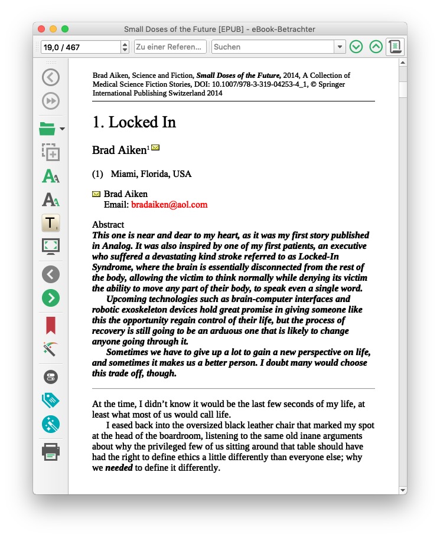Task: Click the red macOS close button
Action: click(41, 29)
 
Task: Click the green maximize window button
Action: click(65, 29)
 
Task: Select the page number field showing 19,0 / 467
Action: click(80, 47)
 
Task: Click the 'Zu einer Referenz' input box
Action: click(170, 47)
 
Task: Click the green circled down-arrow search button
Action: click(356, 47)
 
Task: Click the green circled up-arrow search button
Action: click(376, 47)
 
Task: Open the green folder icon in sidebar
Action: click(47, 127)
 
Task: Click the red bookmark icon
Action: click(51, 325)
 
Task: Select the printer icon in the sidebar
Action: click(51, 452)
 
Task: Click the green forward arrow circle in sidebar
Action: click(51, 297)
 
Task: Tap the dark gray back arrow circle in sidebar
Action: click(51, 274)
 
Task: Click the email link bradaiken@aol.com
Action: click(170, 205)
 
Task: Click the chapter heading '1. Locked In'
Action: click(134, 122)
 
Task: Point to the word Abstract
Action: click(108, 225)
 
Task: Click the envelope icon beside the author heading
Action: click(155, 147)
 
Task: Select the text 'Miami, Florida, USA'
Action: click(151, 174)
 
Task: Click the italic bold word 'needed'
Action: click(119, 468)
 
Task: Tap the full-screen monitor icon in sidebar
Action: click(51, 246)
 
